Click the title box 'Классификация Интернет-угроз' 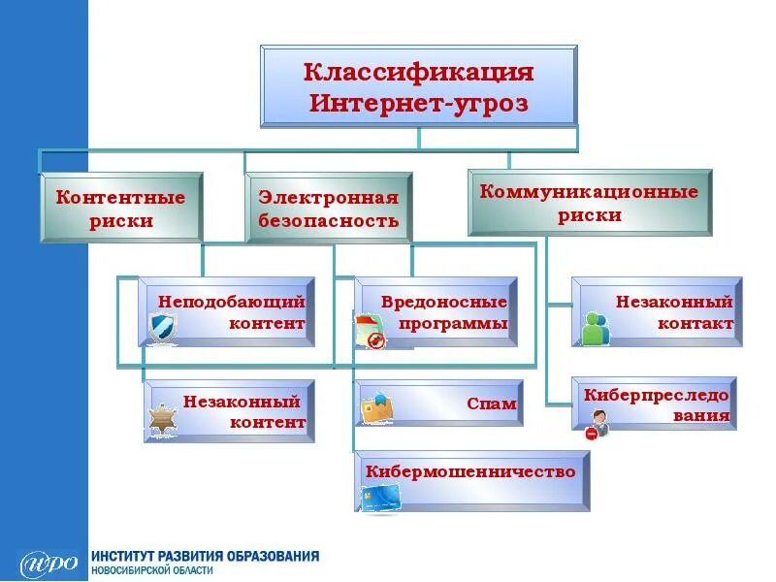419,85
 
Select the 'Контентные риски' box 121,208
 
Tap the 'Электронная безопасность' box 329,208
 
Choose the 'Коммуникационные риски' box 590,203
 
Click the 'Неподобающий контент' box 227,312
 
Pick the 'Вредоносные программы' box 436,312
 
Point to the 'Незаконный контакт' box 657,311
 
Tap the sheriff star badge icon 161,419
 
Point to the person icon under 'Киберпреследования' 596,424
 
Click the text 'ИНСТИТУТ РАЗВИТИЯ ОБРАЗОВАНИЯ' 205,557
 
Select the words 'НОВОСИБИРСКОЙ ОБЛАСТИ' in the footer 152,571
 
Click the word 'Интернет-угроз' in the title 419,103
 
